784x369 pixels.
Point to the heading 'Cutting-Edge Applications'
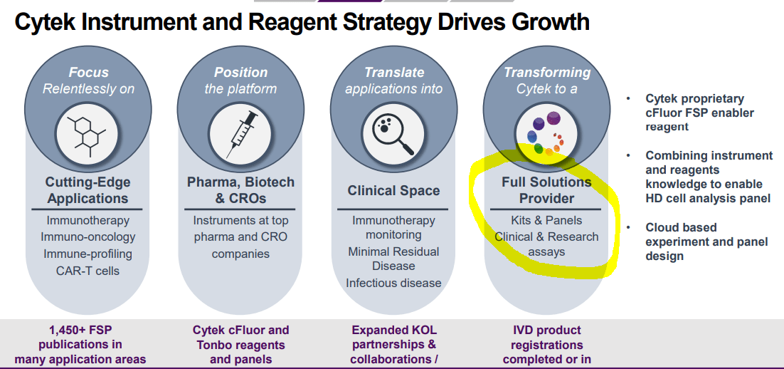tap(88, 190)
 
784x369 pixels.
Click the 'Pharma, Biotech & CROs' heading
tap(240, 190)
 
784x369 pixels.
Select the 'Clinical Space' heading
tap(393, 191)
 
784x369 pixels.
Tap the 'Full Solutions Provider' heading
tap(546, 190)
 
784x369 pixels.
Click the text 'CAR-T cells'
tap(88, 271)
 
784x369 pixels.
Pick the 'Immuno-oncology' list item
tap(88, 237)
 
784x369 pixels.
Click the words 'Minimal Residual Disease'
tap(393, 259)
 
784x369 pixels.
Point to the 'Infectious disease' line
tap(393, 283)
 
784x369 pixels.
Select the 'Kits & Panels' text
tap(546, 220)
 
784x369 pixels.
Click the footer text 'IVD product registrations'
tap(546, 337)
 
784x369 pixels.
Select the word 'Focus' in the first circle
tap(89, 72)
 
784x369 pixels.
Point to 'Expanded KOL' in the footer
tap(393, 330)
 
